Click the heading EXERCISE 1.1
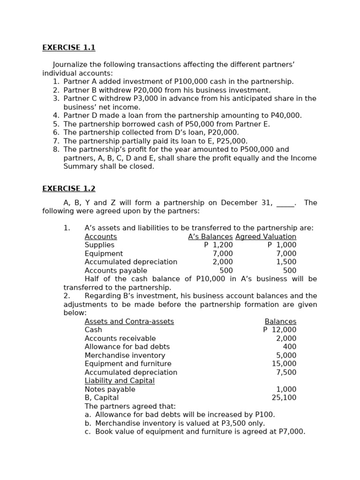click(x=68, y=47)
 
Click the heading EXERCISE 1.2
click(x=68, y=188)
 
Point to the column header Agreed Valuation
click(x=266, y=237)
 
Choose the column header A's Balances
click(x=210, y=237)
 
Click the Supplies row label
click(x=99, y=245)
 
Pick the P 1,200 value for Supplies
click(x=218, y=245)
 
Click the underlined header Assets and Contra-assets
click(x=129, y=322)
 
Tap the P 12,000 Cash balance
click(x=280, y=330)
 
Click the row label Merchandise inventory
click(x=125, y=356)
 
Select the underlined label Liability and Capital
click(x=120, y=381)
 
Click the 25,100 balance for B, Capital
click(x=284, y=398)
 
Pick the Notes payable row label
click(x=110, y=390)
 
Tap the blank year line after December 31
click(x=285, y=203)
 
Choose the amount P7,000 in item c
click(x=292, y=432)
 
